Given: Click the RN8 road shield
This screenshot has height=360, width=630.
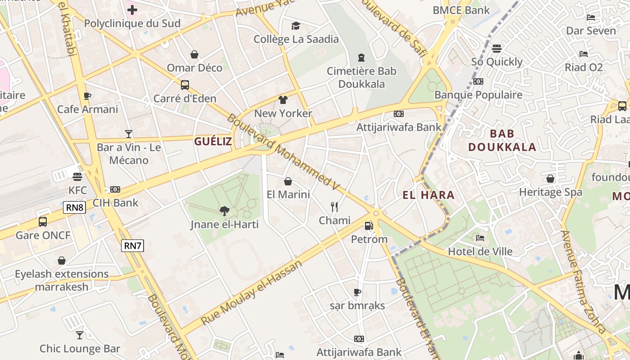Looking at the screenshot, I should [x=74, y=207].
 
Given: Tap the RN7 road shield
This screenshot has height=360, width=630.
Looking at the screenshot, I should [x=132, y=245].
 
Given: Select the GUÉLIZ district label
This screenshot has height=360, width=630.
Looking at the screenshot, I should [x=213, y=141].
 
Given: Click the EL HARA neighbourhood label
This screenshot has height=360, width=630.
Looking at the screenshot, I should [x=428, y=195].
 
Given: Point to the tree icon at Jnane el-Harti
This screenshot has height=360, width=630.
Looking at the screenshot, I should [x=224, y=211].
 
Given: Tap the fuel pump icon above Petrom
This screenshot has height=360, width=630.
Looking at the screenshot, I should [x=369, y=225].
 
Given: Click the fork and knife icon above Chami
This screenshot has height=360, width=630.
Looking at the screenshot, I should [x=334, y=207].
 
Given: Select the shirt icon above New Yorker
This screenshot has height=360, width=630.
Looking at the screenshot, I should [x=283, y=99].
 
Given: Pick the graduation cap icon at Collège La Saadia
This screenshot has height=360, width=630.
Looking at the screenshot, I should [x=296, y=26].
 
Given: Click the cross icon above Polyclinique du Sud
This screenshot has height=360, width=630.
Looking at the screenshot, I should [x=132, y=9].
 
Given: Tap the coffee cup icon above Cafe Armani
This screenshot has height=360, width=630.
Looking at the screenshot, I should [x=87, y=96].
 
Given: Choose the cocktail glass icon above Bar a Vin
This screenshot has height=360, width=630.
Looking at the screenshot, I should [x=129, y=134].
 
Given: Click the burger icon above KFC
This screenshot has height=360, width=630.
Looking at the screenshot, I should [x=77, y=176].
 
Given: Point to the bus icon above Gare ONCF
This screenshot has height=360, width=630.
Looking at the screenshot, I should [x=43, y=221].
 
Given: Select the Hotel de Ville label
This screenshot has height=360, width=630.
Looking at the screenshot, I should [x=480, y=251].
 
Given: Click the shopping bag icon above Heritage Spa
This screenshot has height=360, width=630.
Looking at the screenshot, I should [x=550, y=179].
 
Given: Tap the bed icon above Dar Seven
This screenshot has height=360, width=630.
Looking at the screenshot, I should [x=591, y=18].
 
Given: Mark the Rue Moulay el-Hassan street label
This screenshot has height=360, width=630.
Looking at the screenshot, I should [x=251, y=293].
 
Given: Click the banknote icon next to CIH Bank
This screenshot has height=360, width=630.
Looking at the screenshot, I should [x=115, y=189].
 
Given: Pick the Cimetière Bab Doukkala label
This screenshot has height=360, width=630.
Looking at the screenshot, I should [x=361, y=77].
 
